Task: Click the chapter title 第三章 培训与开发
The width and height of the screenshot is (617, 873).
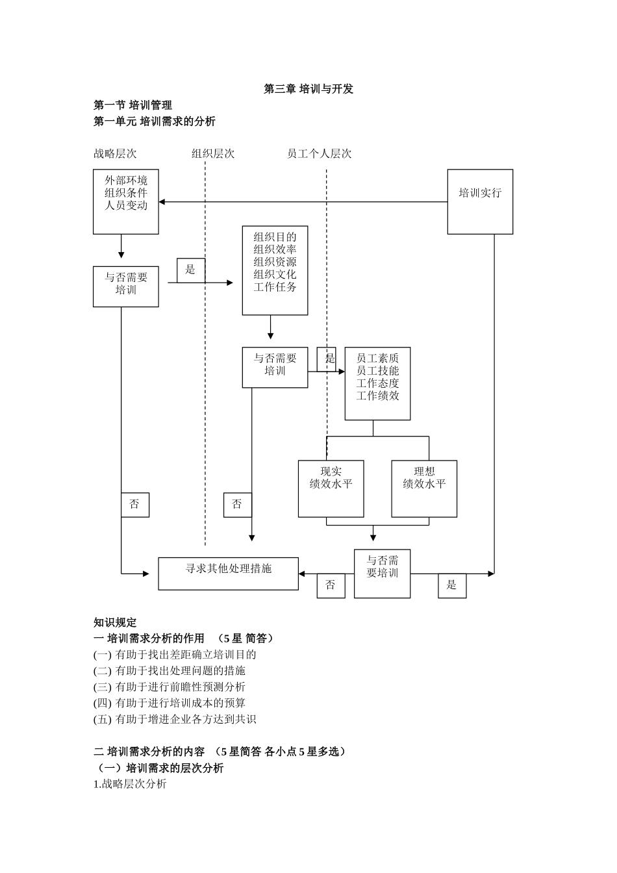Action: pos(308,89)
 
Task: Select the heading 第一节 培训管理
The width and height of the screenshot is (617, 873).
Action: pos(132,105)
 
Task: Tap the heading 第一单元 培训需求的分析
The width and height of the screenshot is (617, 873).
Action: pos(154,121)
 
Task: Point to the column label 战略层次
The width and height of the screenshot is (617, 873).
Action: pos(115,154)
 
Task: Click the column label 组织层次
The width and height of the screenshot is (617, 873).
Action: pos(212,154)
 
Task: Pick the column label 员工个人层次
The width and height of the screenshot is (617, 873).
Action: pos(319,154)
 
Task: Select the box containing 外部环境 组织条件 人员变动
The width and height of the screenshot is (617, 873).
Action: pos(126,201)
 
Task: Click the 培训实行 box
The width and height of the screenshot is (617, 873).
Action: pos(480,201)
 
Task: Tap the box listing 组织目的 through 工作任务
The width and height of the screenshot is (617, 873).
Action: pos(275,270)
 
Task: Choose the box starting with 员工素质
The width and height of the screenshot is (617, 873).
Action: pos(377,383)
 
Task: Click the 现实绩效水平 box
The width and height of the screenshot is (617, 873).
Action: pos(331,488)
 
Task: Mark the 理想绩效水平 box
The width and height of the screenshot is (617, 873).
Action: pos(424,488)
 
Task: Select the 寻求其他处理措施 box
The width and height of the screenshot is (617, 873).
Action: pos(228,573)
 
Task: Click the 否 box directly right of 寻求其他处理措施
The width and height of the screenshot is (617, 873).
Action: pos(331,585)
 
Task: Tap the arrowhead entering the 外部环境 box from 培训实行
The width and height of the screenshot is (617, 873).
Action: pos(162,202)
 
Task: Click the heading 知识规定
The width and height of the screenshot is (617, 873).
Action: pos(115,622)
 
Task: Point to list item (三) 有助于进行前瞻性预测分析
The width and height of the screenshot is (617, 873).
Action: pos(170,687)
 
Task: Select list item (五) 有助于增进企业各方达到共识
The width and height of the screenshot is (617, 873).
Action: pos(175,719)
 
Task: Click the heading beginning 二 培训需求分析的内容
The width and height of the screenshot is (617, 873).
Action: pos(220,752)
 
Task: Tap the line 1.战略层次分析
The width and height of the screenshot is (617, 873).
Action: pos(130,784)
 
